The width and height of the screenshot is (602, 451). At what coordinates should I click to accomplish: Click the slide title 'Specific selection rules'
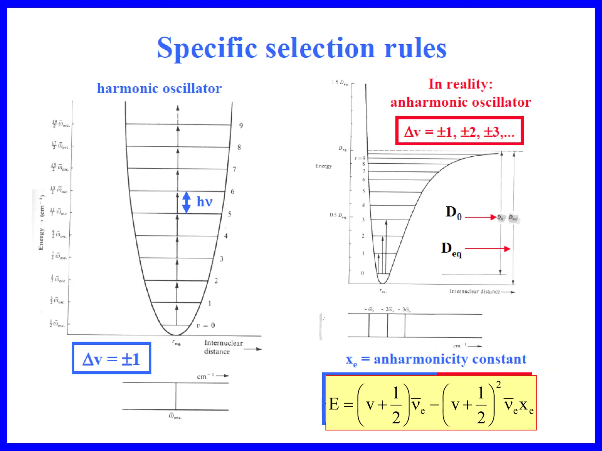click(x=302, y=48)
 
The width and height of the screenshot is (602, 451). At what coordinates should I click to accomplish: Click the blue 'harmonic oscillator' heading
click(x=159, y=88)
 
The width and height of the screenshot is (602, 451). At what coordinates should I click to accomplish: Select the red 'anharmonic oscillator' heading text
click(x=460, y=102)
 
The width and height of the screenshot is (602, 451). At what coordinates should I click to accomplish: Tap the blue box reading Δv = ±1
click(x=111, y=358)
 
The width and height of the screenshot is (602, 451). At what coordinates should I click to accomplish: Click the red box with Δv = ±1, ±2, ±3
click(x=459, y=131)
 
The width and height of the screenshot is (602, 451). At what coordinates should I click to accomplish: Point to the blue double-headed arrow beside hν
click(x=186, y=202)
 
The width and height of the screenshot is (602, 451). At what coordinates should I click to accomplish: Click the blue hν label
click(x=204, y=202)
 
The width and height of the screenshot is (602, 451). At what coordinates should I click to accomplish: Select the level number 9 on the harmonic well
click(x=241, y=126)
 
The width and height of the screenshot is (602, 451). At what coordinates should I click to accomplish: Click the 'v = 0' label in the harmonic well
click(x=206, y=325)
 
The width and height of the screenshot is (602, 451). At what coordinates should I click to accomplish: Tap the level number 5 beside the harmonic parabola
click(x=230, y=214)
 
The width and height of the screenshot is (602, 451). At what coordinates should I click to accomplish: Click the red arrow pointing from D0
click(x=481, y=217)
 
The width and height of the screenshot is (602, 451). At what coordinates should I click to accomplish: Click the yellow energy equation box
click(x=431, y=403)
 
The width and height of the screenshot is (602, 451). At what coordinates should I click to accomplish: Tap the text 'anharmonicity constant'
click(x=450, y=359)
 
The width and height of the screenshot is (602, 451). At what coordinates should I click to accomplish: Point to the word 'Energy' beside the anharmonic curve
click(x=323, y=166)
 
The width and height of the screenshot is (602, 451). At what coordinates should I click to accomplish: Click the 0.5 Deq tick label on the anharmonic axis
click(x=338, y=216)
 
